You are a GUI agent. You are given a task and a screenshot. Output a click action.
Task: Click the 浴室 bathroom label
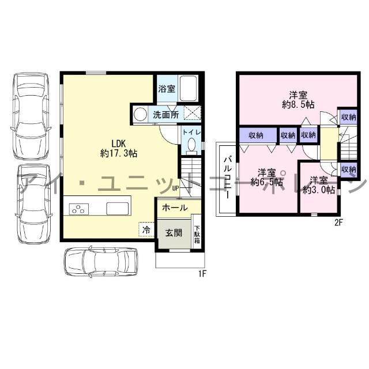coord(167,89)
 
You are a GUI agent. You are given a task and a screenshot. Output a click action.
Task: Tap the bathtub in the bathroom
coord(189,88)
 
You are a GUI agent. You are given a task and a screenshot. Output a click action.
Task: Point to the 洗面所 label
coord(166,115)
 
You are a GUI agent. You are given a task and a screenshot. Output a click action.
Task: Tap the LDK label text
coord(119,143)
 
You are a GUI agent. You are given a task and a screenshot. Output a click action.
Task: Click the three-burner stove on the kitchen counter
coord(79,209)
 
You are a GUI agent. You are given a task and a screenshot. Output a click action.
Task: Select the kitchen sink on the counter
coord(118,209)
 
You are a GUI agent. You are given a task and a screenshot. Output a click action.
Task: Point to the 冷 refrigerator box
coord(146,229)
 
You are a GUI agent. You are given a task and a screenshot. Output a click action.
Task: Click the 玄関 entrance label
coord(174,233)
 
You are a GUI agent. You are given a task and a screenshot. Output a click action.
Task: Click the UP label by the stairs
coord(176,189)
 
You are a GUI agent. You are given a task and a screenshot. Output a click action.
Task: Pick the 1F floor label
coord(202,274)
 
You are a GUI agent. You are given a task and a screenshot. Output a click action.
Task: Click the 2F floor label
coord(338,223)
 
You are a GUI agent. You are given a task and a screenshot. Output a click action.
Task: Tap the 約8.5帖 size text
coord(298,104)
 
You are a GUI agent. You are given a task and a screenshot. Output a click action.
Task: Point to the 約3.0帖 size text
coord(319,190)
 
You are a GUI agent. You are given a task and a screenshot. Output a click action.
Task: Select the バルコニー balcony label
coord(228,178)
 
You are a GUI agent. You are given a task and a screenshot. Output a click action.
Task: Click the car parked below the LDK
coord(101,261)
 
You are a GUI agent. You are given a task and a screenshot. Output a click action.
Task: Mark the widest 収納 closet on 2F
coord(258,135)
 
